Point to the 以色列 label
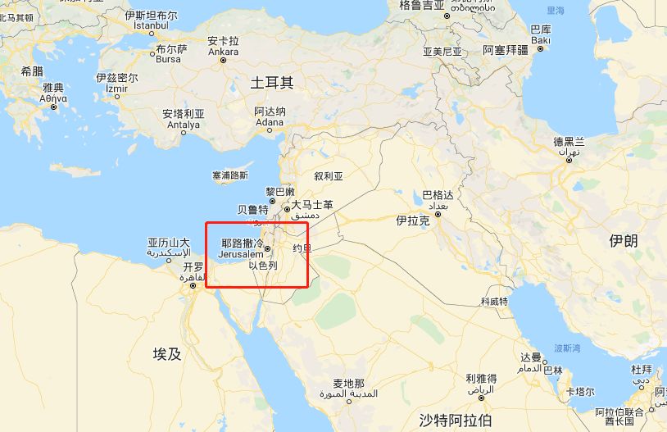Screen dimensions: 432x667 point(263,266)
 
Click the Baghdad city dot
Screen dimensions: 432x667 point(438,215)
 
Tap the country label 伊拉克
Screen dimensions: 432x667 point(412,221)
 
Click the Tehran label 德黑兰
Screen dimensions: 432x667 point(569,141)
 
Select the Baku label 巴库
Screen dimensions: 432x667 point(541,30)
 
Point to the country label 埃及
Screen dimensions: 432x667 point(166,354)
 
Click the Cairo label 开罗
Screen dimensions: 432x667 point(193,267)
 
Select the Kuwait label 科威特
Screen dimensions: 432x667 point(494,302)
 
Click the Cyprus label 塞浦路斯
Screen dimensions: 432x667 point(229,175)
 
